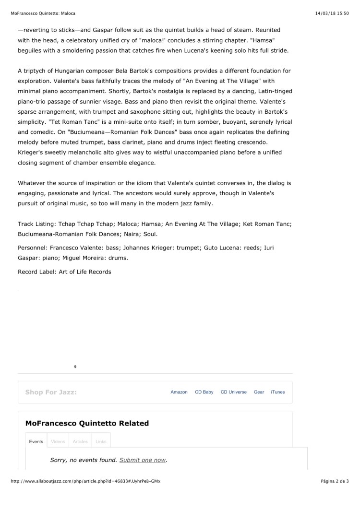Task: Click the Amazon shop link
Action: [x=179, y=392]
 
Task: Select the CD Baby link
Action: [x=204, y=392]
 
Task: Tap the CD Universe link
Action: [x=234, y=392]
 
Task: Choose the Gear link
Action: [x=259, y=392]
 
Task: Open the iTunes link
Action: [x=277, y=392]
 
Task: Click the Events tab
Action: [x=36, y=441]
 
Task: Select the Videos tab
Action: [x=58, y=441]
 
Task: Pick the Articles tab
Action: [x=80, y=441]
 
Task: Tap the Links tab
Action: [x=101, y=441]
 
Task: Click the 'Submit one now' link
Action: [x=143, y=460]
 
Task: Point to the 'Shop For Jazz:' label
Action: [x=51, y=392]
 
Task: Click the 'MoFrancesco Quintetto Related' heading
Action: [x=87, y=423]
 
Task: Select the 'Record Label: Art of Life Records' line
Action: [x=64, y=272]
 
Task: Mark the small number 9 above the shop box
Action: [x=75, y=367]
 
